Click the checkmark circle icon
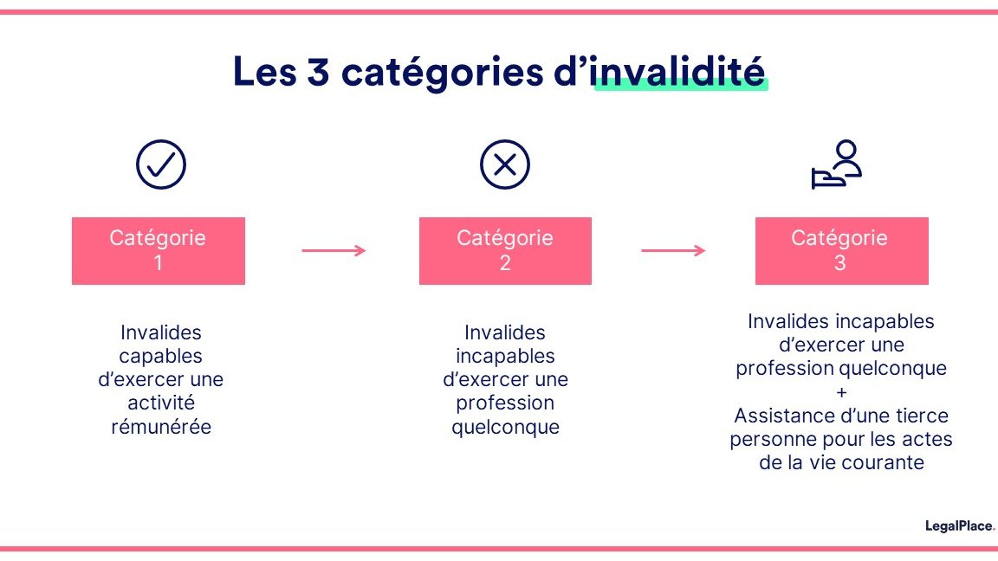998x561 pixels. (161, 164)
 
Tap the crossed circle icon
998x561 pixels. (505, 164)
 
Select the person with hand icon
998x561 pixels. (837, 164)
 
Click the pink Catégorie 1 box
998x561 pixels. (159, 251)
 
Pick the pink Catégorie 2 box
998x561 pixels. (505, 251)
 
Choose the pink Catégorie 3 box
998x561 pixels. (841, 251)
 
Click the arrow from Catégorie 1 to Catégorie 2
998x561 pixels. (334, 251)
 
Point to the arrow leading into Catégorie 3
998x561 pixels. (673, 251)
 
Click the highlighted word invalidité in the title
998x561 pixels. (680, 73)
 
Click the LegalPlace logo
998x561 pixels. (960, 526)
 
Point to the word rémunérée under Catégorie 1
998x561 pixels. (161, 427)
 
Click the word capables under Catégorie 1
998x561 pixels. (161, 356)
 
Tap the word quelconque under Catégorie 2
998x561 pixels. (505, 427)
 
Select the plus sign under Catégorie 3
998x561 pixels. (840, 392)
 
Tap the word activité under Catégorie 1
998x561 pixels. (161, 403)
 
